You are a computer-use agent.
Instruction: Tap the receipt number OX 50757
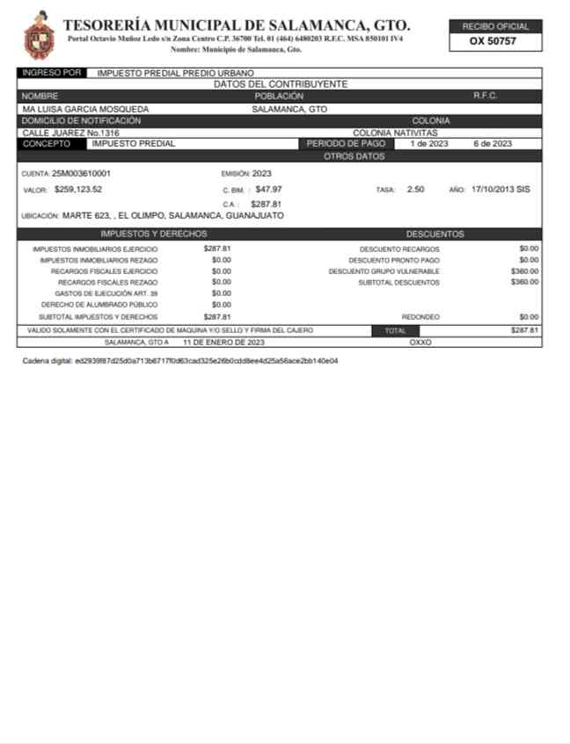(x=493, y=41)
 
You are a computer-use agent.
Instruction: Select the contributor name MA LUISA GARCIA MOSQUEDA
(x=85, y=109)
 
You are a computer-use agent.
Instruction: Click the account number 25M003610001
(x=81, y=173)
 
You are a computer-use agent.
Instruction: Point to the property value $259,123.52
(x=78, y=189)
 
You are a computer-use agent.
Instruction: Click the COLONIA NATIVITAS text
(x=395, y=133)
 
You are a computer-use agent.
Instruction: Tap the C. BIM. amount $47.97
(x=269, y=189)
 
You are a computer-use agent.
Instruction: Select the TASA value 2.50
(x=416, y=189)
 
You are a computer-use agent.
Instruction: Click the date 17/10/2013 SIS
(x=501, y=189)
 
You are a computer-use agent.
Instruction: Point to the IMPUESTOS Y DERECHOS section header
(x=154, y=235)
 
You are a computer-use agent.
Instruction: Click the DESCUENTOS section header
(x=435, y=235)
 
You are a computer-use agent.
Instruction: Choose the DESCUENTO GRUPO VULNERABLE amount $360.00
(x=524, y=271)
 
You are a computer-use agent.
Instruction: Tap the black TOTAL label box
(x=396, y=330)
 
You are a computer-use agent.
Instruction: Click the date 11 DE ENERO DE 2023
(x=223, y=342)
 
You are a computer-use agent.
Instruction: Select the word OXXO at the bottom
(x=420, y=342)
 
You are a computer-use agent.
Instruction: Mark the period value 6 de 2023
(x=493, y=143)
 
